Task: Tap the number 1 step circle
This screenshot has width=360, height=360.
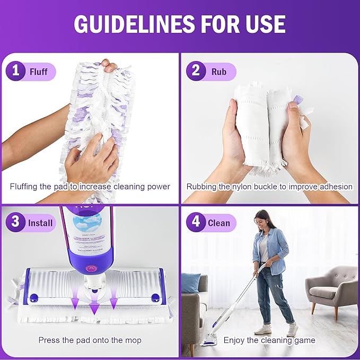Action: (16, 71)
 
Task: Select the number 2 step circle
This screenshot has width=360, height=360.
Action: (196, 71)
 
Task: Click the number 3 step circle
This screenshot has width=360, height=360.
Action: (16, 223)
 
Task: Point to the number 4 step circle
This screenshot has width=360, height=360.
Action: (196, 223)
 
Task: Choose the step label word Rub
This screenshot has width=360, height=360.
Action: (219, 72)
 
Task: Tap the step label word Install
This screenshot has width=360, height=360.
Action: (40, 223)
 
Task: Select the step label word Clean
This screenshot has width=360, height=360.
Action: (219, 223)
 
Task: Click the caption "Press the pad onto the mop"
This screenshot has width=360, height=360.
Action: (90, 340)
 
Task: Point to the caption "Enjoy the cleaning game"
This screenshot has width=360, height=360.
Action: (269, 340)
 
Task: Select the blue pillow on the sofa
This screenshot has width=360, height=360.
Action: (190, 284)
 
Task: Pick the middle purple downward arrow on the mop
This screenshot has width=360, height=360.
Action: (94, 306)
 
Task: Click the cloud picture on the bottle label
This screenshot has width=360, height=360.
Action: (87, 217)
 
